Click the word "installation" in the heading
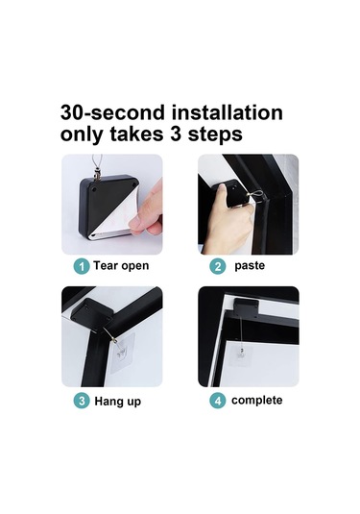point(227,112)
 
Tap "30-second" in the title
point(112,112)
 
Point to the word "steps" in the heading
point(215,135)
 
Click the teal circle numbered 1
point(82,266)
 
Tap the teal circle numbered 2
point(218,266)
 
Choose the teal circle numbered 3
point(82,401)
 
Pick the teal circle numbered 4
point(218,401)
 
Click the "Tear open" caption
point(121,266)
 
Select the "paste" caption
point(250,266)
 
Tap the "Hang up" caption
point(117,402)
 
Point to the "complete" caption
point(257,401)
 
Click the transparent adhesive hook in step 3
point(122,354)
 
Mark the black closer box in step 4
point(247,307)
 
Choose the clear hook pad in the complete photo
point(241,354)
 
